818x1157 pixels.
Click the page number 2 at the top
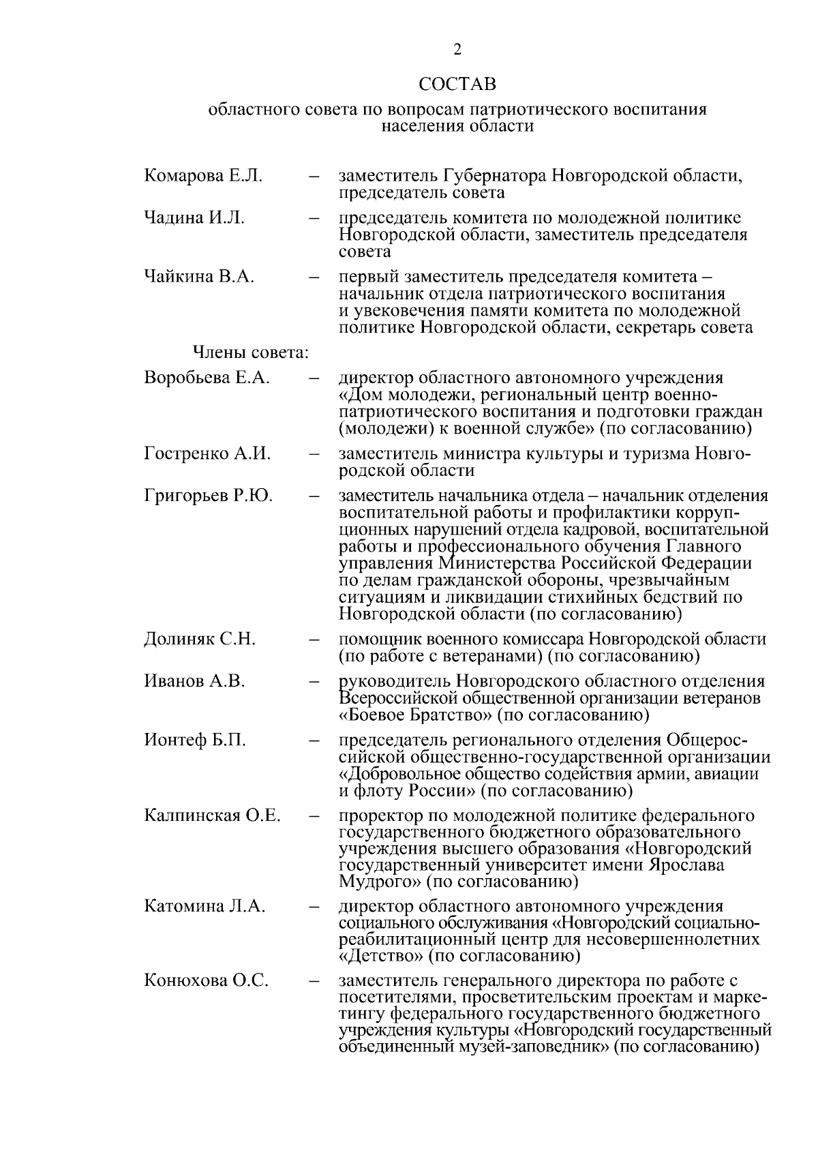click(457, 49)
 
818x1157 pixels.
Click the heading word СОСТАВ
click(457, 85)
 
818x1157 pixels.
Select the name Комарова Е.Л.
click(203, 176)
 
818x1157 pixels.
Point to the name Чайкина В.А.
click(199, 277)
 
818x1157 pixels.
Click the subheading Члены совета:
click(252, 353)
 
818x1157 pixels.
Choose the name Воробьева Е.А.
click(207, 378)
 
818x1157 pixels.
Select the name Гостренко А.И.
click(207, 453)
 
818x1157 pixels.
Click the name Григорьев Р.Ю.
click(208, 496)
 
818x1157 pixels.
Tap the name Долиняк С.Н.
click(200, 640)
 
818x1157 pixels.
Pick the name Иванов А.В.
click(194, 681)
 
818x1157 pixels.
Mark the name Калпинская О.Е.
click(212, 815)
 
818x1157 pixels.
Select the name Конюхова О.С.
click(206, 981)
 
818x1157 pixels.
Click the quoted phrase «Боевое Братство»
click(415, 715)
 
